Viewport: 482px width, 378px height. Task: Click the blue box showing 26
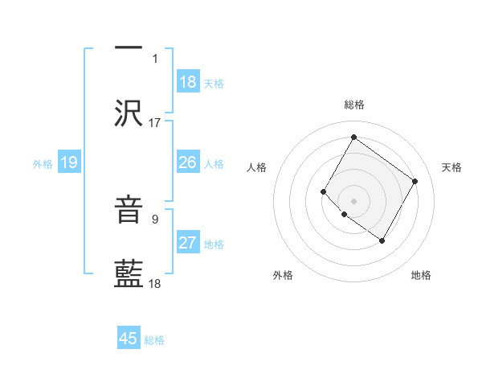(x=188, y=162)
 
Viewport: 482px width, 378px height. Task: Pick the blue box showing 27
(x=188, y=243)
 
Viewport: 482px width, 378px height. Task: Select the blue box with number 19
(x=69, y=162)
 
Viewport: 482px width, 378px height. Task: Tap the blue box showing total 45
(x=129, y=339)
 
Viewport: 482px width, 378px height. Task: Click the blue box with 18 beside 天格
(x=188, y=82)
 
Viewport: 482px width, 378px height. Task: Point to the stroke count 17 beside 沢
(x=155, y=123)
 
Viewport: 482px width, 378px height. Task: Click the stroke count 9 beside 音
(x=155, y=217)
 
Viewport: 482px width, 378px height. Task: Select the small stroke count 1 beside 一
(x=155, y=58)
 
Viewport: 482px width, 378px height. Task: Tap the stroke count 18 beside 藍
(x=155, y=284)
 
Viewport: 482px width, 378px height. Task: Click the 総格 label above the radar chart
(x=353, y=105)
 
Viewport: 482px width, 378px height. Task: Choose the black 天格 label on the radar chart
(x=451, y=167)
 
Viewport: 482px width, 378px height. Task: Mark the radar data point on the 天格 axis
(x=415, y=181)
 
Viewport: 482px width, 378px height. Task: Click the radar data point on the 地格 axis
(x=382, y=240)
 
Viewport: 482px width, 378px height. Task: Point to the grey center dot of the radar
(x=353, y=200)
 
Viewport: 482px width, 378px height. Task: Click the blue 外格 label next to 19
(x=43, y=163)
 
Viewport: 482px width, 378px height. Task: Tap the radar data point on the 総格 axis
(x=353, y=137)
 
